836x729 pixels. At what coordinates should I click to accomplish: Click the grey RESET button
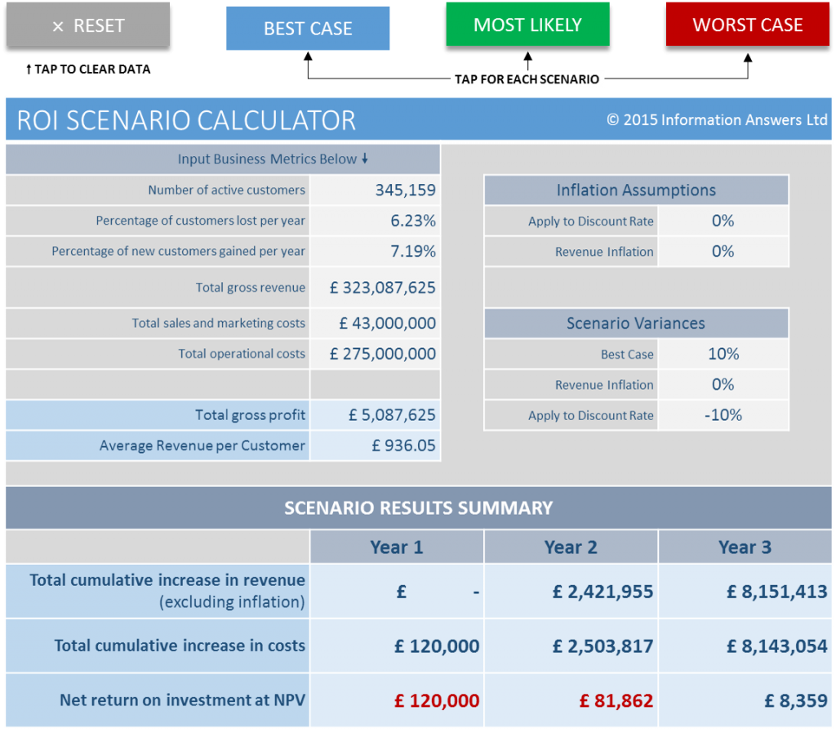point(88,25)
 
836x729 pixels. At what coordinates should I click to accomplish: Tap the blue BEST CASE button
point(308,29)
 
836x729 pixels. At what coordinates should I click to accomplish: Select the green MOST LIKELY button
point(528,25)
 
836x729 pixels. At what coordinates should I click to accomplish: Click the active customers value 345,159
point(405,190)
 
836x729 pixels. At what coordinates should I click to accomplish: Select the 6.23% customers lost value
point(413,221)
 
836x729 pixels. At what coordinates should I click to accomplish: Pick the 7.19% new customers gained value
point(413,251)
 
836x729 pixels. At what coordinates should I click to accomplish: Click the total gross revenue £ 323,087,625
point(382,288)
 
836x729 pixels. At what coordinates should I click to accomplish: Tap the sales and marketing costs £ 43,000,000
point(388,323)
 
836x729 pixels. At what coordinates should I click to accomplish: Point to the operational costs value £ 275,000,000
point(382,353)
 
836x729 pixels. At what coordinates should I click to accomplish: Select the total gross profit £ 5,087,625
point(392,414)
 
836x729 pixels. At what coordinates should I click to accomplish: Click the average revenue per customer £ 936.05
point(403,445)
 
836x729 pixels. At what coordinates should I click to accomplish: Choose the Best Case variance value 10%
point(723,354)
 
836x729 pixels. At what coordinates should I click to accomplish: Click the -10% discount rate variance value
point(723,414)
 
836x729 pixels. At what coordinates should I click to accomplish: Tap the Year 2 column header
point(571,547)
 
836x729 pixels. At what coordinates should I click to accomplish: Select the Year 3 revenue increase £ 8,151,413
point(777,592)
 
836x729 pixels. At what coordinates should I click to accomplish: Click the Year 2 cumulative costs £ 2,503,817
point(603,646)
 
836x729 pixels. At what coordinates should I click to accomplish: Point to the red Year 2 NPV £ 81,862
point(616,700)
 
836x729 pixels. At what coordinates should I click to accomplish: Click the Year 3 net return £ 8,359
point(795,700)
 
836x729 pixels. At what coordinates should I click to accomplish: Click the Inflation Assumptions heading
point(636,190)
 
